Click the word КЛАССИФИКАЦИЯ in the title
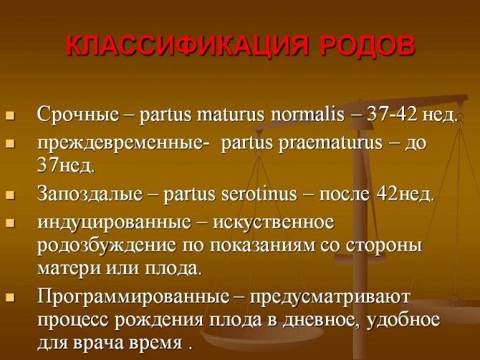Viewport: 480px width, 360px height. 186,47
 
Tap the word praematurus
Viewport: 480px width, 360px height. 330,143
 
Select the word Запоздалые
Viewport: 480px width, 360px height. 90,194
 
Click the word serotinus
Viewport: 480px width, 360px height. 259,194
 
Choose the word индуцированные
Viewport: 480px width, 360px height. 114,223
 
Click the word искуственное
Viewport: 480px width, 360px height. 274,223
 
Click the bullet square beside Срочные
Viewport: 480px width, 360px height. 11,116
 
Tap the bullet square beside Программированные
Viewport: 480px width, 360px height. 11,298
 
